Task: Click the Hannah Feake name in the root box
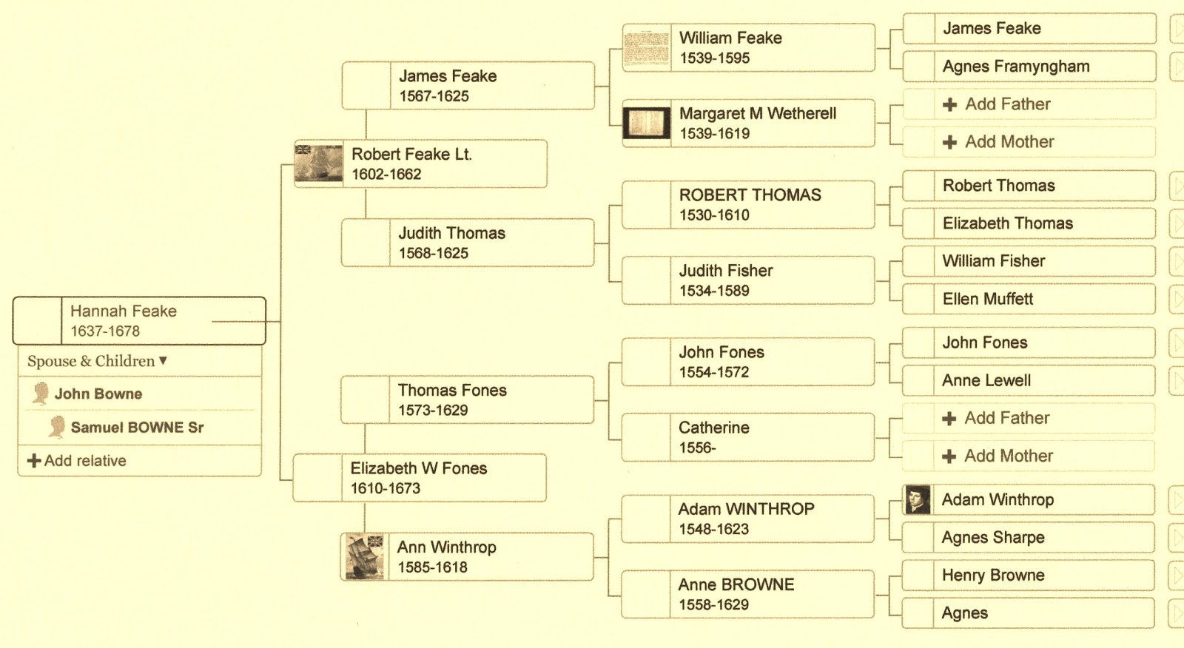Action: (x=123, y=311)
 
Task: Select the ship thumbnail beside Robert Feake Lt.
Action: (x=318, y=163)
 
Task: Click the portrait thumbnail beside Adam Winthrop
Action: (x=918, y=500)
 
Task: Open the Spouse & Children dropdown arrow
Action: (x=163, y=361)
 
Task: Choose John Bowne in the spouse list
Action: (x=98, y=394)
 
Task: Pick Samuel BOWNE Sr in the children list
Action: (x=137, y=428)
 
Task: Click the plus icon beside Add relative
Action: (x=33, y=461)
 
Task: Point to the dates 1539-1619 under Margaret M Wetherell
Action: (x=714, y=134)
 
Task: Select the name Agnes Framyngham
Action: (x=1015, y=67)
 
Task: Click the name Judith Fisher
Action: (x=725, y=271)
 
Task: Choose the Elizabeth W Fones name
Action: (x=418, y=468)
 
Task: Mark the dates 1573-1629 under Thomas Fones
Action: (x=433, y=411)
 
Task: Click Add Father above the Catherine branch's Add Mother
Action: (x=1006, y=419)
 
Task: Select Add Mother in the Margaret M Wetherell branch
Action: (x=1009, y=142)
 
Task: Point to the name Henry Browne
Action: (x=992, y=576)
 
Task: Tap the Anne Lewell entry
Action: (x=986, y=381)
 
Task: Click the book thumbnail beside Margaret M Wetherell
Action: (x=646, y=123)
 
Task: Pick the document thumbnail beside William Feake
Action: (x=646, y=47)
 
